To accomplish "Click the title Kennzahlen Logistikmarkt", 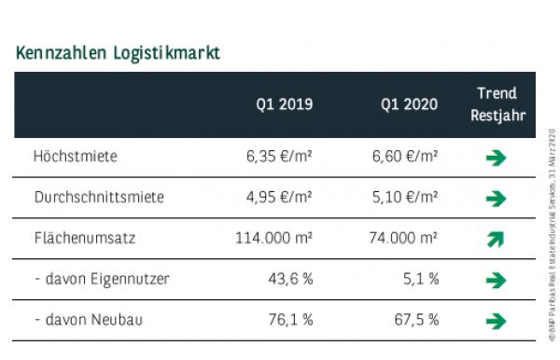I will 118,52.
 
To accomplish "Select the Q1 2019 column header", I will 285,104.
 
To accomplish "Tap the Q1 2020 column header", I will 409,104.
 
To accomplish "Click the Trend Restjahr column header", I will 497,104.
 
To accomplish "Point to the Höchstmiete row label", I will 75,157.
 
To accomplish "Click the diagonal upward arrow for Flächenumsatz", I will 496,240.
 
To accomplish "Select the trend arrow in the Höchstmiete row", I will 496,158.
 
